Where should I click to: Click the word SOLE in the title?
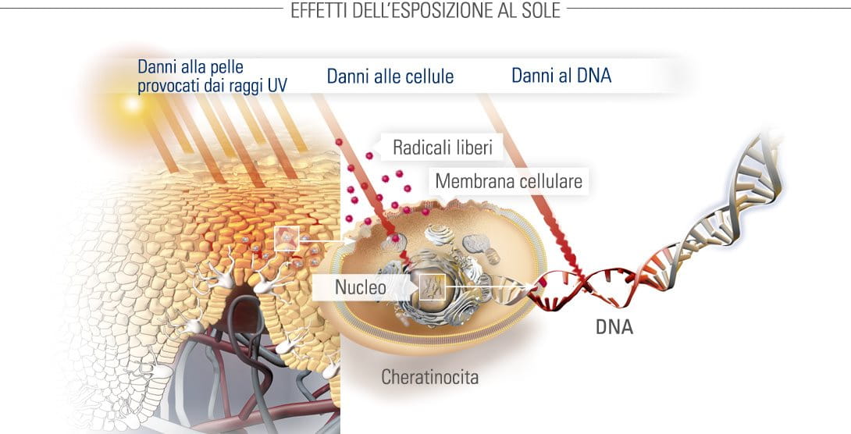point(540,10)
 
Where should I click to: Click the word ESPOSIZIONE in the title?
point(424,10)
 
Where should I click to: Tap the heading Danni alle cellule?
point(390,76)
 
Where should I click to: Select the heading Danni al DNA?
point(561,75)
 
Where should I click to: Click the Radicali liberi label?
point(443,148)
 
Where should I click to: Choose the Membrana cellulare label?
point(508,180)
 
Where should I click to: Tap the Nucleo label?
point(361,287)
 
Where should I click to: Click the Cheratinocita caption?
point(430,376)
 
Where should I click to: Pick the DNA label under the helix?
point(614,327)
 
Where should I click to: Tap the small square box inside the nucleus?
point(432,287)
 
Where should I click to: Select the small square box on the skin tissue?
point(287,239)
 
